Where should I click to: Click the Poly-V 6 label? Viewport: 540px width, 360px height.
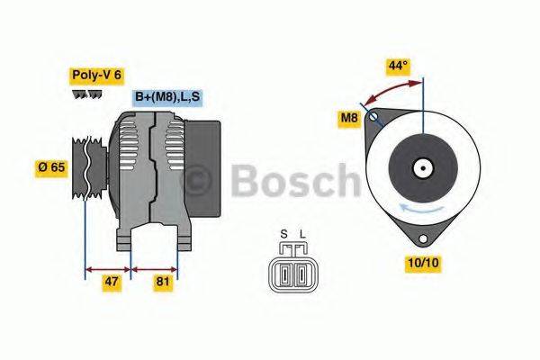97,76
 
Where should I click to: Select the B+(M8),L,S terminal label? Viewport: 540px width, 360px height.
166,96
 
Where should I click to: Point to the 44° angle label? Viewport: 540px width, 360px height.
398,66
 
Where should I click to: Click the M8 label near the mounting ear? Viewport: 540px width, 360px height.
349,117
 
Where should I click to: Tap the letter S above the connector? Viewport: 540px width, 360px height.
283,237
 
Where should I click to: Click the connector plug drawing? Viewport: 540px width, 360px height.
292,271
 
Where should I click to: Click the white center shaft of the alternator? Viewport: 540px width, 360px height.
421,167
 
